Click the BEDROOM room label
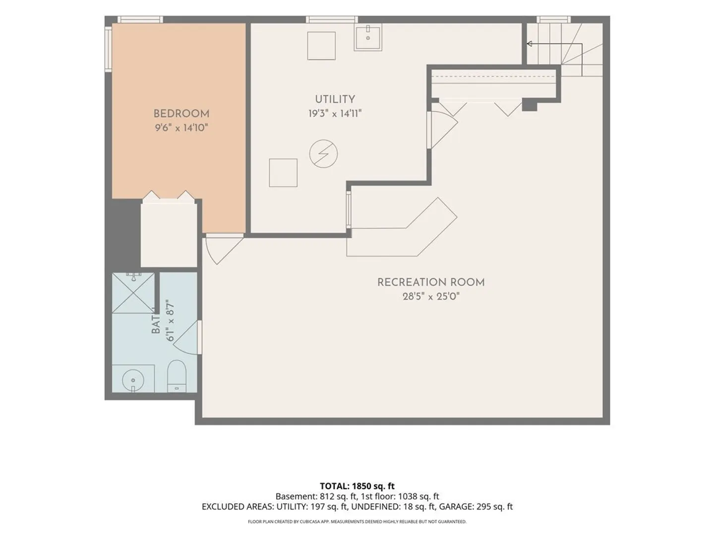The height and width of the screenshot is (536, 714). [181, 114]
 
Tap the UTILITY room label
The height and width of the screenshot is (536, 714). [335, 99]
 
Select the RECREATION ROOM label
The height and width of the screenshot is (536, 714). [431, 282]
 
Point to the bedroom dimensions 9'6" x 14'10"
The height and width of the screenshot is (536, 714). [181, 128]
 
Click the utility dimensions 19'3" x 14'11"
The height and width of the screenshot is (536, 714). [335, 114]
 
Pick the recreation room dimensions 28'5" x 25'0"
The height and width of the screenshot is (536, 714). [431, 296]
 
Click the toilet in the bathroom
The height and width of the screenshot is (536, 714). [177, 376]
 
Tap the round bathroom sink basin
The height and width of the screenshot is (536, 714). [133, 380]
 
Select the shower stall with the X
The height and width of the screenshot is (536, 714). [133, 293]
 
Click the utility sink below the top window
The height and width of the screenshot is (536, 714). [368, 38]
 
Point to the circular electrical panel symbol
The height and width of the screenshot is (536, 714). [323, 154]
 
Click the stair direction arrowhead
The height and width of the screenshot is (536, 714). [529, 44]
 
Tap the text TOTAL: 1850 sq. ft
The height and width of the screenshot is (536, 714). [357, 486]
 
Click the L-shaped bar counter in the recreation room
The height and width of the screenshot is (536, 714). [402, 227]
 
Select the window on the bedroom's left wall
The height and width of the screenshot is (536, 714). [108, 48]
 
